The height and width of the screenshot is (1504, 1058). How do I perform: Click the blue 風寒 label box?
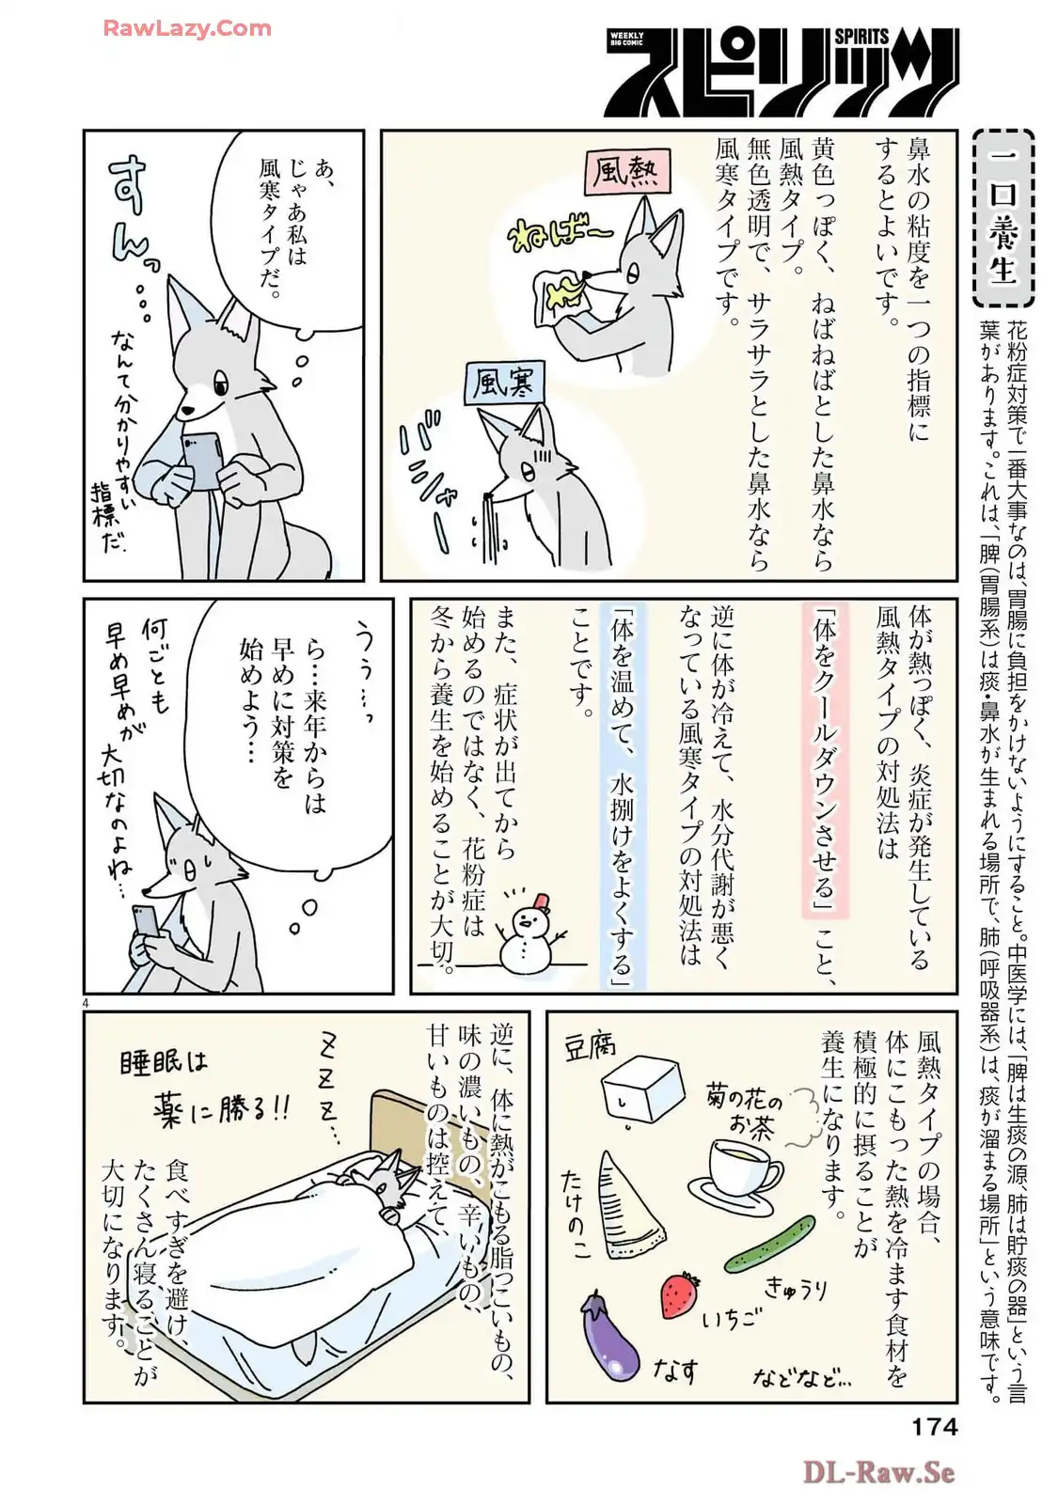pos(503,383)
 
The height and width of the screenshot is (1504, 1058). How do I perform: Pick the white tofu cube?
pos(642,1089)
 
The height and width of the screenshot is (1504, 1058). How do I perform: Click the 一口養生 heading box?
pos(1003,217)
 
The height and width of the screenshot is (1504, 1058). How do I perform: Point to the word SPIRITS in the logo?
pos(861,37)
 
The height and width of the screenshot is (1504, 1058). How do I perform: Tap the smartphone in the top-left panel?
pos(203,460)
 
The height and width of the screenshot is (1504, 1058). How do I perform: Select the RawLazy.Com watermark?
pos(187,28)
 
